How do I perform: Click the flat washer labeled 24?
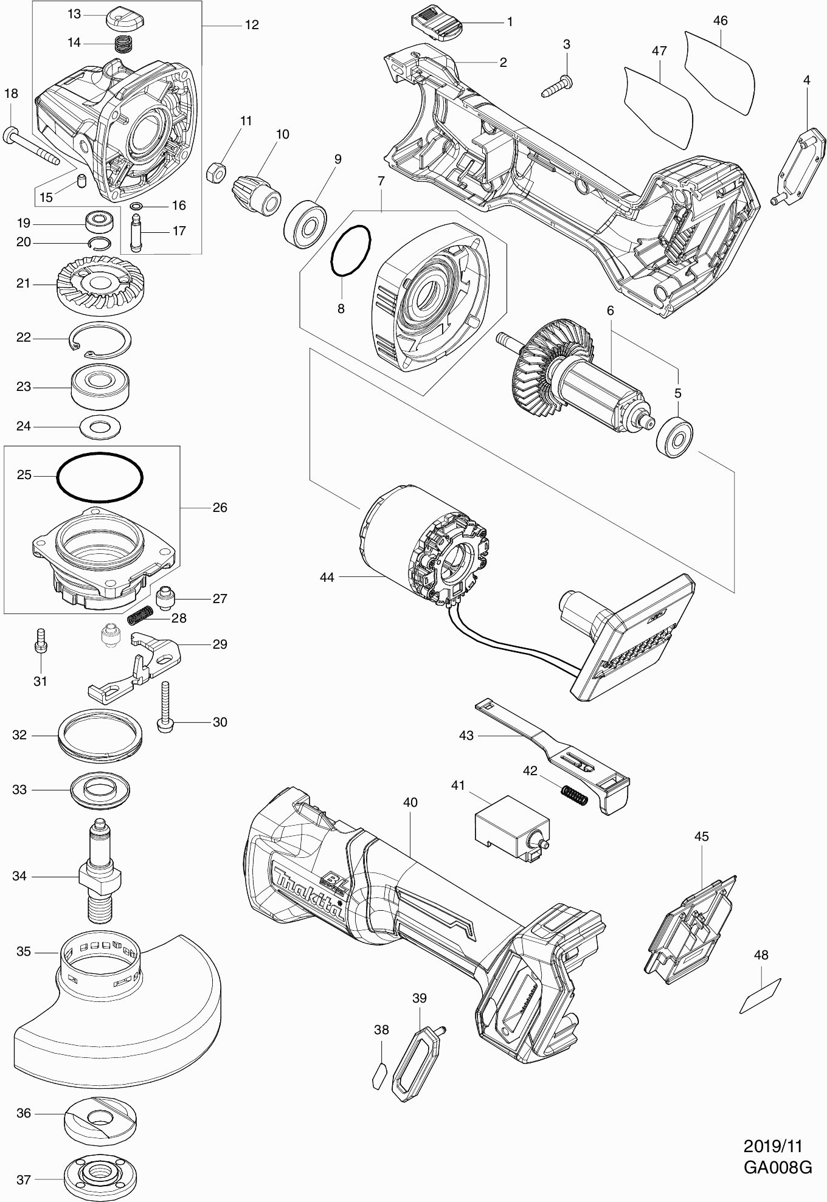(100, 426)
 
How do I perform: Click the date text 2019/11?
(773, 1146)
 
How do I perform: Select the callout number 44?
(327, 577)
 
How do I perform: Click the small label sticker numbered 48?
(760, 996)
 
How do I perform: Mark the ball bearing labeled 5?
(675, 436)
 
